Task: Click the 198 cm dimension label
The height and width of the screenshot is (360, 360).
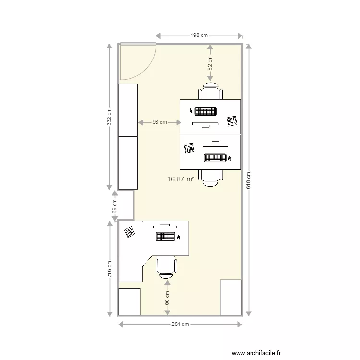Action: click(x=199, y=36)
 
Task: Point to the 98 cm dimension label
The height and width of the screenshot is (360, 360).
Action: click(x=159, y=122)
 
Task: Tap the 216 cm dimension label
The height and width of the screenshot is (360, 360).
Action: click(x=110, y=269)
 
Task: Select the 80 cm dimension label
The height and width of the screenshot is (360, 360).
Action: click(x=167, y=298)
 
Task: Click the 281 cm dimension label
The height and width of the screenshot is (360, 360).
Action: click(x=180, y=324)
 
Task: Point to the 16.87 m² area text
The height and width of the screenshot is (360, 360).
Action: click(x=180, y=179)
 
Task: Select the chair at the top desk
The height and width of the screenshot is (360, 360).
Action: click(x=211, y=91)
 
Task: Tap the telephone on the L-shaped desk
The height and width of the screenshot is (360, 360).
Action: click(x=129, y=233)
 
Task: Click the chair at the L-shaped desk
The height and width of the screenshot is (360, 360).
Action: click(x=167, y=267)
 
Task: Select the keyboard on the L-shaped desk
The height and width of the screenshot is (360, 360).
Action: click(x=165, y=236)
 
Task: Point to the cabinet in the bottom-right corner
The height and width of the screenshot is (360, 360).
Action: click(x=230, y=297)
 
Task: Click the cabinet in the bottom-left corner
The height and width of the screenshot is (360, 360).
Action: click(x=129, y=302)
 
